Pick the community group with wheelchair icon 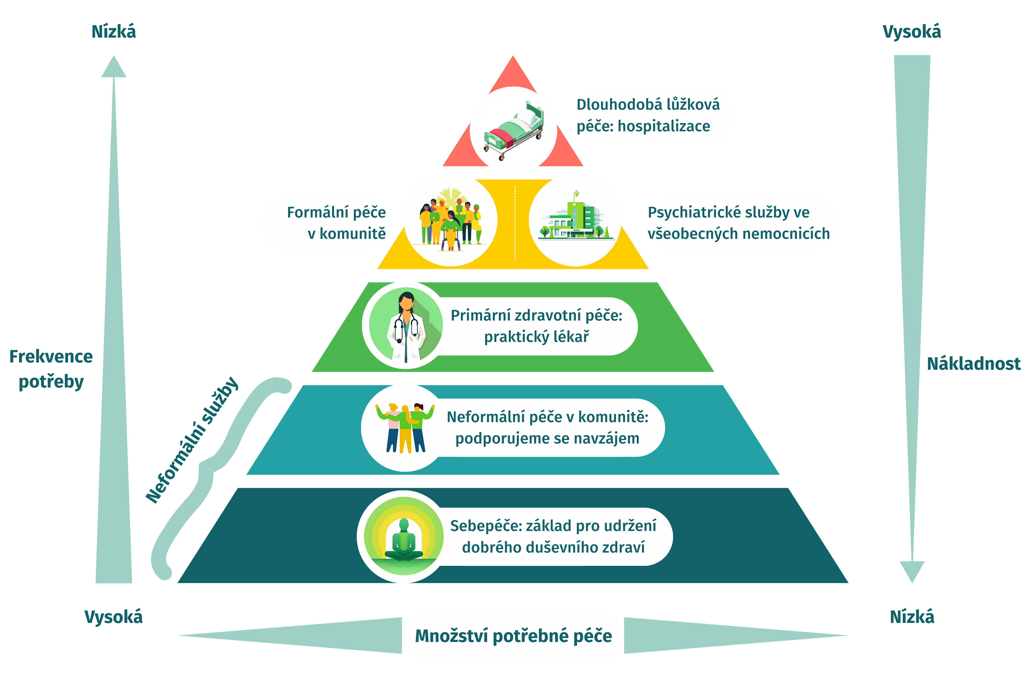pos(451,222)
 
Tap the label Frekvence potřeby pos(51,369)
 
